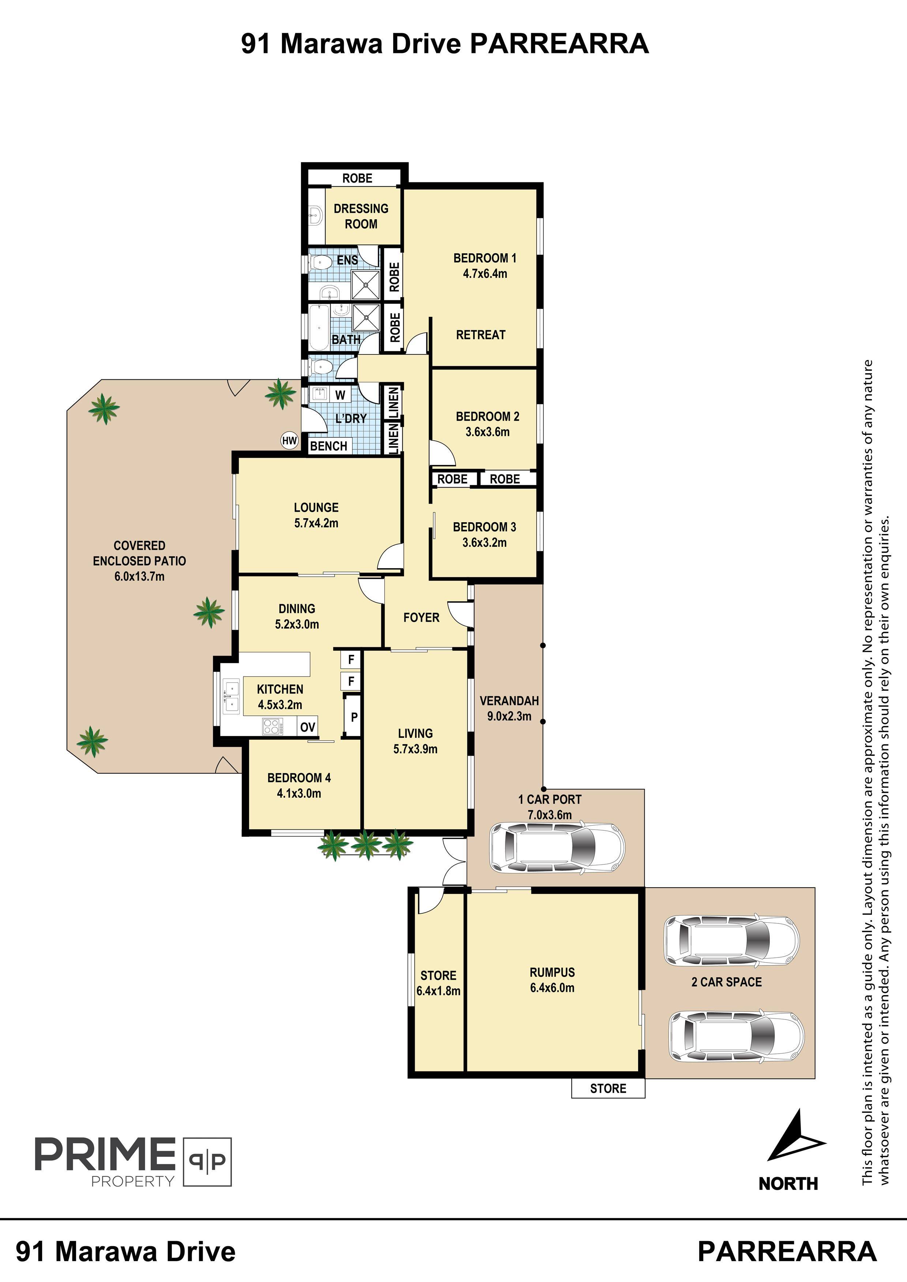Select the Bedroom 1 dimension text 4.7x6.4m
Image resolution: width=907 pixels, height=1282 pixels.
(485, 274)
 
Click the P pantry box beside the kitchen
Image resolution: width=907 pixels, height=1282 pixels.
(354, 717)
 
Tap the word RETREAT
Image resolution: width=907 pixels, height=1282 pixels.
(481, 335)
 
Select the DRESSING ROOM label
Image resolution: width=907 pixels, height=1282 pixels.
(361, 216)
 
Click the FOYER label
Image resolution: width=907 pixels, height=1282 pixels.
(421, 618)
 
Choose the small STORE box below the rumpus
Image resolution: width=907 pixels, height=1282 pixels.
(608, 1088)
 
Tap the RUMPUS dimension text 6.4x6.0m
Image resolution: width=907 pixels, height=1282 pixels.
(552, 988)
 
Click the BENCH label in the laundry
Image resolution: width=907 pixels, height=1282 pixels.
(328, 446)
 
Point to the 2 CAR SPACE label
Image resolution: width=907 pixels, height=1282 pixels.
(726, 982)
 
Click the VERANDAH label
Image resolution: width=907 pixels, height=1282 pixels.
(509, 701)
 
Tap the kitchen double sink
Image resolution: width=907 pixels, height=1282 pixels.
(231, 696)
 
